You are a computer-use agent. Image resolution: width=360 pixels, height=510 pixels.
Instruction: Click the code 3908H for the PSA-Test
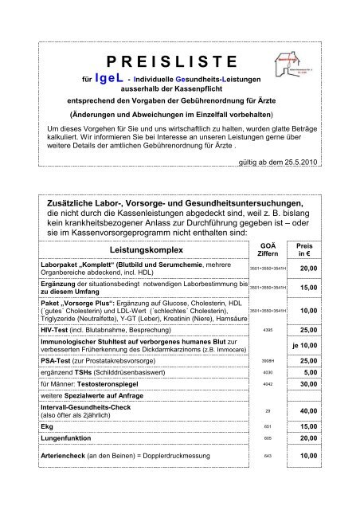point(268,363)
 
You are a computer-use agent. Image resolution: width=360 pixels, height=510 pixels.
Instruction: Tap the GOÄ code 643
point(268,456)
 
